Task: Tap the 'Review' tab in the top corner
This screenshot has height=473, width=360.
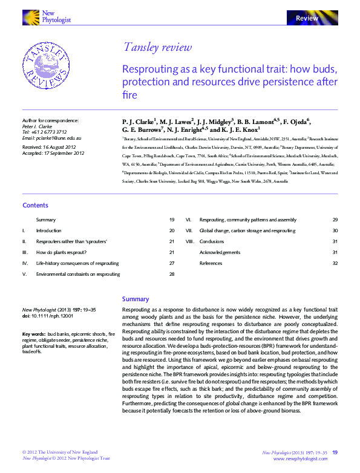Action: pyautogui.click(x=307, y=19)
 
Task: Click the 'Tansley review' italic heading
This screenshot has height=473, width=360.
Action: pyautogui.click(x=157, y=47)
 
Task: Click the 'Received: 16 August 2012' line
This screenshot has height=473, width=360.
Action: pyautogui.click(x=50, y=147)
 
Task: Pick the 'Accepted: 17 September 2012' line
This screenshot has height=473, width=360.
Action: pyautogui.click(x=53, y=153)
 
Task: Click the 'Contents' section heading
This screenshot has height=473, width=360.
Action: pyautogui.click(x=35, y=206)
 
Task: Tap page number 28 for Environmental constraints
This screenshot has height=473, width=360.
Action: pyautogui.click(x=171, y=274)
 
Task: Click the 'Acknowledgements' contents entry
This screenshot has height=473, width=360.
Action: pyautogui.click(x=220, y=252)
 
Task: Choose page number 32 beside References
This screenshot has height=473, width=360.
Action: pyautogui.click(x=335, y=263)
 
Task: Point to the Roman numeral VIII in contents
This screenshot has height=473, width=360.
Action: pyautogui.click(x=189, y=241)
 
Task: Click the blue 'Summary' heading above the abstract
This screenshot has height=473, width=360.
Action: pyautogui.click(x=135, y=299)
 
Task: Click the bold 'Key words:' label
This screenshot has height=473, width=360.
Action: pyautogui.click(x=34, y=334)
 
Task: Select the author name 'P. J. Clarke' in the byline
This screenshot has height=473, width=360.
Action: pyautogui.click(x=139, y=121)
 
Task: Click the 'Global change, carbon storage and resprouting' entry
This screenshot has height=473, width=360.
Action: pyautogui.click(x=247, y=230)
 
